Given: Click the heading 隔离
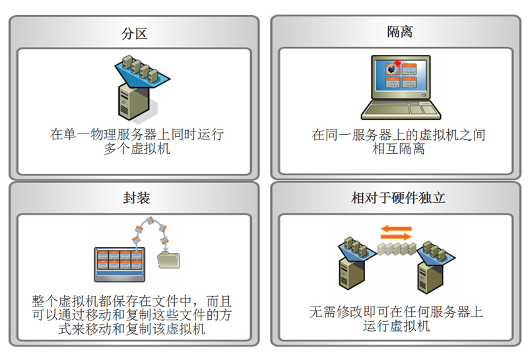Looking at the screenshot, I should tap(399, 32).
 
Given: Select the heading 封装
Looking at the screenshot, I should tap(135, 198).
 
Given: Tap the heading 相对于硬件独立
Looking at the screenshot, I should tap(398, 198).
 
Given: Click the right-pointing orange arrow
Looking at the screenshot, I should tap(396, 229).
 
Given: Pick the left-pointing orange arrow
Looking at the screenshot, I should tap(396, 237).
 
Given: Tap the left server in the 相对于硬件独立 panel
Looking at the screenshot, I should tap(352, 268).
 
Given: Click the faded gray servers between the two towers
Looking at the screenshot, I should tap(395, 252).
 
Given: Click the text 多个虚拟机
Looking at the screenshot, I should tap(137, 149).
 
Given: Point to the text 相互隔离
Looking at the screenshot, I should tap(399, 149).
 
